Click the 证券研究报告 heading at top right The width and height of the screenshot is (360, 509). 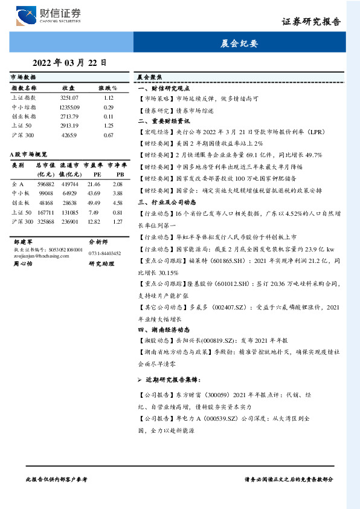click(311, 22)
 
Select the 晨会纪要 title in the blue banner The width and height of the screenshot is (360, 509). click(239, 44)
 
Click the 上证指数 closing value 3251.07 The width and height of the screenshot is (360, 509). click(69, 97)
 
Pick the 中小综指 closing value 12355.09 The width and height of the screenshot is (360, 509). click(69, 106)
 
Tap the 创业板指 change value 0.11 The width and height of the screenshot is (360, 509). click(109, 116)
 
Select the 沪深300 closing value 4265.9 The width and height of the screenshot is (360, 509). click(69, 135)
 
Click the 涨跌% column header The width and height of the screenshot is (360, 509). click(108, 88)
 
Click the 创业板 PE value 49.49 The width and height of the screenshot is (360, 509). click(94, 203)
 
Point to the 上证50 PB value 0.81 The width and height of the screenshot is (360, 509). click(118, 212)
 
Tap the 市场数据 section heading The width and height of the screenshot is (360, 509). click(23, 77)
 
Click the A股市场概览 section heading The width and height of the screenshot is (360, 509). click(28, 155)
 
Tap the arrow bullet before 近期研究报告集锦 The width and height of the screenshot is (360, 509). click(140, 381)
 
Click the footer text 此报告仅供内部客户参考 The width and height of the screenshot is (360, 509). click(57, 479)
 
